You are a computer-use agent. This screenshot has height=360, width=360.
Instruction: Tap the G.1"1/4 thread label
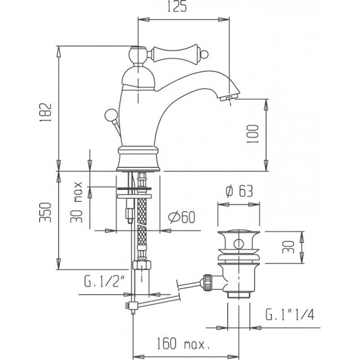click(x=289, y=314)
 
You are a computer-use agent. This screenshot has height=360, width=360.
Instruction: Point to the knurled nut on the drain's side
click(x=206, y=282)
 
